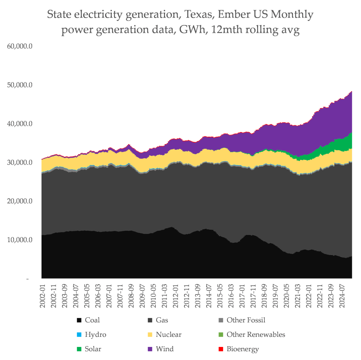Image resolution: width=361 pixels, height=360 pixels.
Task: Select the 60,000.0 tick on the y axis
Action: click(20, 46)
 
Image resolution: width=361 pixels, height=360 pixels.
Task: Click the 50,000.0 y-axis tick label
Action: click(20, 85)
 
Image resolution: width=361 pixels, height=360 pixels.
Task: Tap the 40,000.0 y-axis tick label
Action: click(20, 124)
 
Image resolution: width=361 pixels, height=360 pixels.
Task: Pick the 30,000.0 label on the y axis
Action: click(20, 163)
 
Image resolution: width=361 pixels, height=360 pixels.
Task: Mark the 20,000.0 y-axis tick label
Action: click(20, 201)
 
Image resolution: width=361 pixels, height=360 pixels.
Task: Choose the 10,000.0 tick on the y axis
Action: click(20, 240)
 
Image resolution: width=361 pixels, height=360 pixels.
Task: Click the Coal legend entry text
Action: click(92, 320)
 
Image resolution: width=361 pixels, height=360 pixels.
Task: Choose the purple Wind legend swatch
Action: click(150, 349)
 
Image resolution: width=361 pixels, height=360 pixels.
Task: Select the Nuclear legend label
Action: click(169, 335)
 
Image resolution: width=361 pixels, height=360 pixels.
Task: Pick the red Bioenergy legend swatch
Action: click(221, 349)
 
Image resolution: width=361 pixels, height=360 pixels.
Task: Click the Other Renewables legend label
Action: click(256, 335)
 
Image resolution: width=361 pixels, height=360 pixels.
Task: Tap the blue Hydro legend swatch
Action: click(79, 335)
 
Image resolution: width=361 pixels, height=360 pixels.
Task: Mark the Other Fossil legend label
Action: click(246, 320)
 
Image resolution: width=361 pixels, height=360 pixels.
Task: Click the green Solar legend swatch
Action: click(79, 349)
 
